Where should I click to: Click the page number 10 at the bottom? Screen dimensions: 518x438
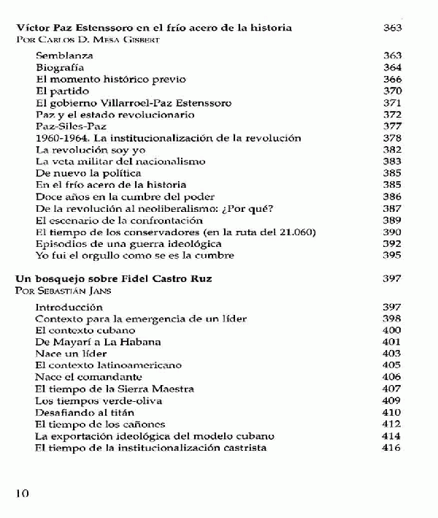pyautogui.click(x=22, y=493)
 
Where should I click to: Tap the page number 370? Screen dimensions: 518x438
pyautogui.click(x=392, y=91)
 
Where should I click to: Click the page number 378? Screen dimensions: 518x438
pyautogui.click(x=392, y=138)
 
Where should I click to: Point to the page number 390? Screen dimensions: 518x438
pyautogui.click(x=392, y=232)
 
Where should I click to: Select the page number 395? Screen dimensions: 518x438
pyautogui.click(x=392, y=256)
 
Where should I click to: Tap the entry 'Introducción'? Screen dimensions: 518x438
pyautogui.click(x=69, y=307)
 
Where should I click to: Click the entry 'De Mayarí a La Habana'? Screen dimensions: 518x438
pyautogui.click(x=88, y=342)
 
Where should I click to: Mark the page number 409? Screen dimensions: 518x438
pyautogui.click(x=392, y=400)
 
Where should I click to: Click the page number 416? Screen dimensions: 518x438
pyautogui.click(x=392, y=447)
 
